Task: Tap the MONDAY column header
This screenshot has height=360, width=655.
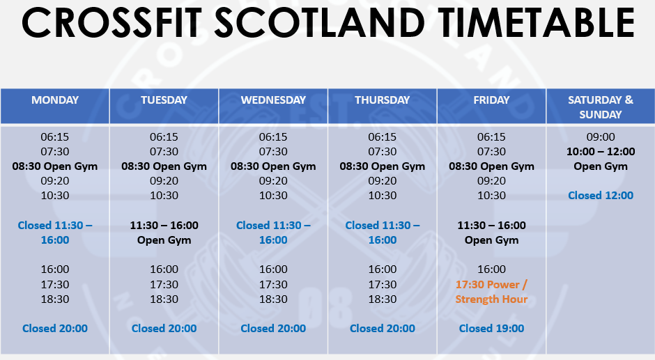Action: [55, 100]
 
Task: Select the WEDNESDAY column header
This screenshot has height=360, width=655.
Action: [273, 100]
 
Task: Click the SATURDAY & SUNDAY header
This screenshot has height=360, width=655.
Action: [600, 107]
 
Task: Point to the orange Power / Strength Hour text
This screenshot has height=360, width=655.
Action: [491, 292]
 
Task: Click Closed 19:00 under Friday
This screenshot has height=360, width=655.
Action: [491, 328]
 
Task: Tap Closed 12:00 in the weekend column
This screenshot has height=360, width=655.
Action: [600, 196]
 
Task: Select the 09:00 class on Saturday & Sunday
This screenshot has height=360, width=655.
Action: [600, 137]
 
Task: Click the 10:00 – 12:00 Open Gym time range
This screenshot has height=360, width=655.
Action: [600, 152]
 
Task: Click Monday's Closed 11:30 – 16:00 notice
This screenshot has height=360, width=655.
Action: [55, 233]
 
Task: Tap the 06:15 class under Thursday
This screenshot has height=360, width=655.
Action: [383, 137]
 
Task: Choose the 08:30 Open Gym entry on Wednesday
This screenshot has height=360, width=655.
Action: [273, 166]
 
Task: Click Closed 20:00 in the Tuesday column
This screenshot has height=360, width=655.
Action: [164, 328]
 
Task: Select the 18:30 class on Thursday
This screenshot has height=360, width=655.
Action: [383, 299]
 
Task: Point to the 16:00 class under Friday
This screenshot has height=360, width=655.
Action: [491, 269]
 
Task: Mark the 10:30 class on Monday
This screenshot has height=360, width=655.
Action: [55, 196]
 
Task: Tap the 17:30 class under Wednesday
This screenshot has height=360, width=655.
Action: [273, 284]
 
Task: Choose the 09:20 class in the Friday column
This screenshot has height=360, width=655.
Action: [491, 181]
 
